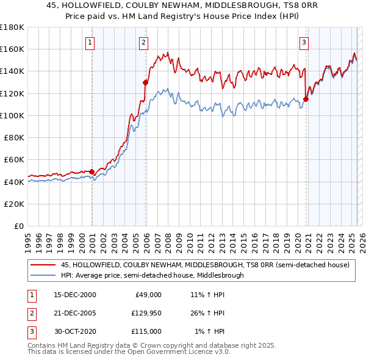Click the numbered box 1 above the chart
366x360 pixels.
click(x=90, y=43)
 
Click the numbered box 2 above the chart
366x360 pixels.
click(x=143, y=43)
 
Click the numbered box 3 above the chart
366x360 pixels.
click(x=303, y=43)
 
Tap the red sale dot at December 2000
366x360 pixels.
click(x=92, y=171)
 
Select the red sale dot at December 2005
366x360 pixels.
click(x=146, y=82)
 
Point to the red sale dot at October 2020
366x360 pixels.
click(x=306, y=99)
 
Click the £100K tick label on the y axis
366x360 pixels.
click(x=12, y=115)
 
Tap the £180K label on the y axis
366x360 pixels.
click(x=12, y=27)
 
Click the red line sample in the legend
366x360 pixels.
click(x=43, y=265)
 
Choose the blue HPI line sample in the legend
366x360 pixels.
click(x=43, y=275)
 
